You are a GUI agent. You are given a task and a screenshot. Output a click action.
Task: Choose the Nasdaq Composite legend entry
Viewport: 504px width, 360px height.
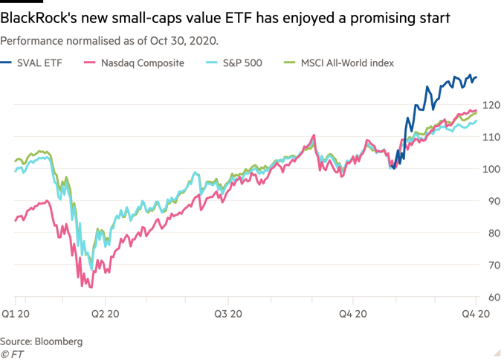pyautogui.click(x=141, y=63)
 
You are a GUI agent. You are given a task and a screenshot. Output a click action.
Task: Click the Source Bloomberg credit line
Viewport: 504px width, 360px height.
pyautogui.click(x=42, y=341)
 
